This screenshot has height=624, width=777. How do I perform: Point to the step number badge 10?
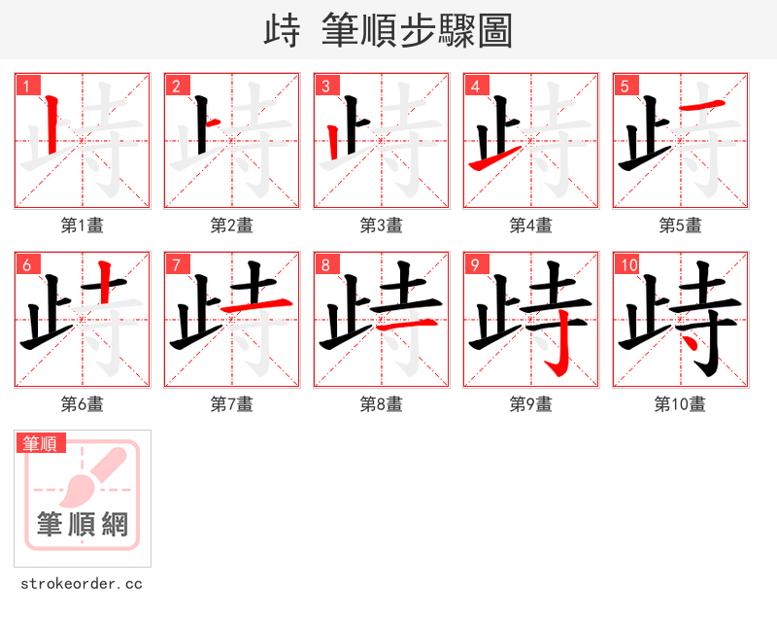[x=627, y=264]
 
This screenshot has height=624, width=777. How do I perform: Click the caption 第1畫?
[x=83, y=225]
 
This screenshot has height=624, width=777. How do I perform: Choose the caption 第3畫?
[x=382, y=225]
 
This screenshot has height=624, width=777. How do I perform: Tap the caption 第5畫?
[x=681, y=225]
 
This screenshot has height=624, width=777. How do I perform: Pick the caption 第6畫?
[x=83, y=404]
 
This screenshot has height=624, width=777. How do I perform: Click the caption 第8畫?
[x=382, y=404]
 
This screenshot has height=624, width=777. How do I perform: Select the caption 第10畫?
[x=681, y=404]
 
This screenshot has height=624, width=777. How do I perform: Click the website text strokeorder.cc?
[x=82, y=584]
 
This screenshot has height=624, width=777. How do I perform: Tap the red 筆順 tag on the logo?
[x=42, y=443]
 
